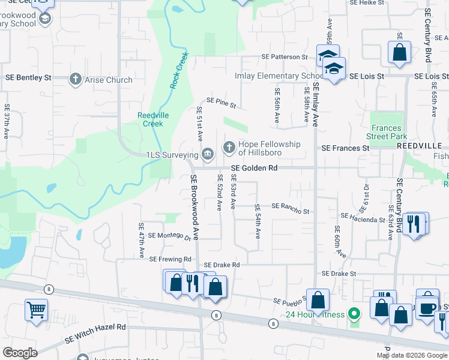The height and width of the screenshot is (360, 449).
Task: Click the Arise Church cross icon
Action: [x=75, y=79]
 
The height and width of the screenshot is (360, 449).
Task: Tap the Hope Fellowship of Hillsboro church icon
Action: [x=229, y=147]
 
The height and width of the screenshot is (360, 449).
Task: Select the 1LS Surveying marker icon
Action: [x=207, y=155]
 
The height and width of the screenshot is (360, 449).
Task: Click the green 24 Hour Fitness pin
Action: [x=354, y=314]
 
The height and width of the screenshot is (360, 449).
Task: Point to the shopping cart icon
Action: [x=36, y=311]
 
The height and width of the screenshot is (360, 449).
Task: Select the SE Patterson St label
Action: [x=284, y=57]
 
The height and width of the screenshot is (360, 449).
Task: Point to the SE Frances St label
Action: [x=345, y=148]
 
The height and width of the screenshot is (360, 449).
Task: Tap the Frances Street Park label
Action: [x=389, y=132]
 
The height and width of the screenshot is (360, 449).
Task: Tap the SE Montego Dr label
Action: [x=169, y=235]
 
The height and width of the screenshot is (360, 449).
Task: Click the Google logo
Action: [x=20, y=353]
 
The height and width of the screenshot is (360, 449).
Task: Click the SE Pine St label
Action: [x=221, y=103]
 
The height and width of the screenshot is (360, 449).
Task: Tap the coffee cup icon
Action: [x=427, y=308]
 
